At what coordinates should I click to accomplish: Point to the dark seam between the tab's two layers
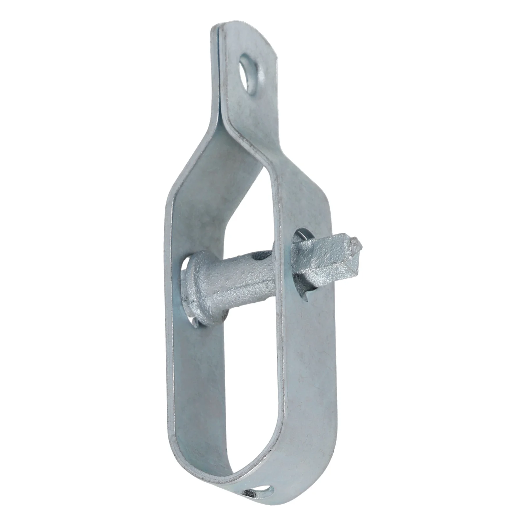(217, 66)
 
